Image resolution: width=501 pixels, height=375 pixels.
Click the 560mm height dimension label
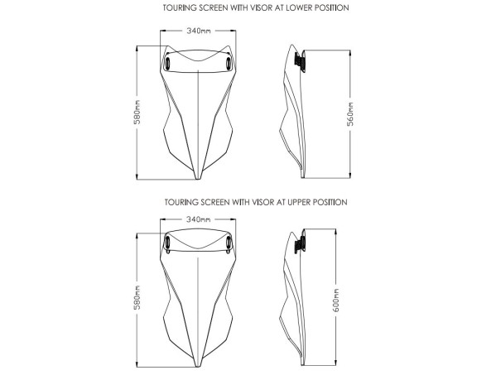click(x=350, y=114)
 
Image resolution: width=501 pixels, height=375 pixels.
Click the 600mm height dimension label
click(x=336, y=300)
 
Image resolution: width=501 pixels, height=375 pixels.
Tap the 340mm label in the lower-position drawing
click(x=199, y=31)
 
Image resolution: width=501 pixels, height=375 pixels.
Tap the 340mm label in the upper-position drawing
click(x=199, y=219)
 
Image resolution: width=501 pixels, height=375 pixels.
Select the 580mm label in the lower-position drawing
click(x=137, y=112)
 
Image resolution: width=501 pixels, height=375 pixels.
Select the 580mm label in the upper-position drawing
click(x=137, y=297)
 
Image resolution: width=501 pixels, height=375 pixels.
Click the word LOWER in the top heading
click(x=300, y=7)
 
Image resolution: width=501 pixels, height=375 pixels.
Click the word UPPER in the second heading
click(x=299, y=202)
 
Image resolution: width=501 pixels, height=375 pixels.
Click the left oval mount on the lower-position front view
click(x=167, y=64)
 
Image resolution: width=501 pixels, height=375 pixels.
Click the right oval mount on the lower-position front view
click(x=229, y=63)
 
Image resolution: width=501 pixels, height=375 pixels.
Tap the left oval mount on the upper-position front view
click(x=167, y=243)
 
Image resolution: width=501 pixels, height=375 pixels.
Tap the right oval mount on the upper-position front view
click(x=229, y=243)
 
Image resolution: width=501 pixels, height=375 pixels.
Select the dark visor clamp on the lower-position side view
click(x=300, y=60)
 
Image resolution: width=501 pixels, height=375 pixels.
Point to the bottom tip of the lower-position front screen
click(x=198, y=179)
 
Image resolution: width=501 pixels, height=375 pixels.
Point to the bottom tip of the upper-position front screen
click(x=198, y=368)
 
